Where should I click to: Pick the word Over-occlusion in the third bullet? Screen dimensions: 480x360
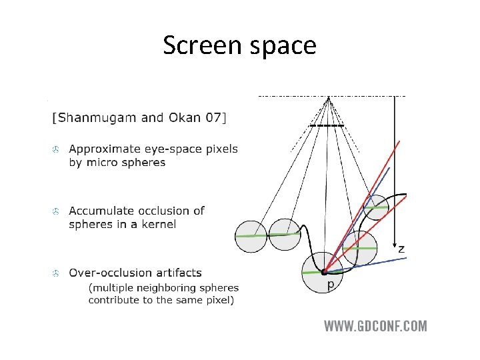point(106,273)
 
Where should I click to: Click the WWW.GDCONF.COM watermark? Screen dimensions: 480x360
point(375,326)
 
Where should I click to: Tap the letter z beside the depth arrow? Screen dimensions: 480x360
point(401,249)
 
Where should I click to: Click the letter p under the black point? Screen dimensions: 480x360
point(330,284)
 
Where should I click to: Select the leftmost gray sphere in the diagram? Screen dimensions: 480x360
point(251,236)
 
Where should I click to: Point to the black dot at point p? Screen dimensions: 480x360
point(324,272)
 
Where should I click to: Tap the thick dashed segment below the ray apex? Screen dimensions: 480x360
point(327,125)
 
